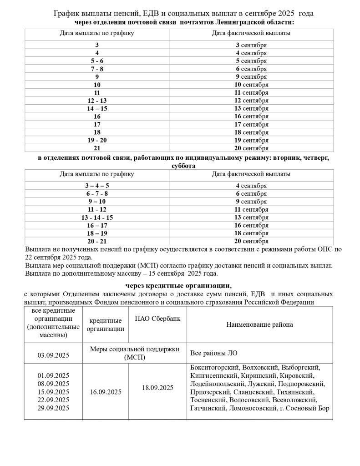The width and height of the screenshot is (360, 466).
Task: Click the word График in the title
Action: pos(67,14)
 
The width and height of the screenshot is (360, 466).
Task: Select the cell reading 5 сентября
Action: pos(251,61)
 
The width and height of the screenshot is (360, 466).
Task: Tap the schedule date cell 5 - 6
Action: pos(97,61)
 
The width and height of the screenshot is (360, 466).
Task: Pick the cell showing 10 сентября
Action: pos(251,85)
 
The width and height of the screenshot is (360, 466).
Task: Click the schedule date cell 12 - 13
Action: pos(97,101)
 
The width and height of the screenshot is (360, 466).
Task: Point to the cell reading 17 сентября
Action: pos(251,124)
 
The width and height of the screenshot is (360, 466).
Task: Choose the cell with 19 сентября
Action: pos(251,140)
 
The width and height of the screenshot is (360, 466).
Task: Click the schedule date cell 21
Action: pos(97,148)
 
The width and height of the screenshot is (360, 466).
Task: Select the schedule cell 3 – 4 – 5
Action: pos(97,186)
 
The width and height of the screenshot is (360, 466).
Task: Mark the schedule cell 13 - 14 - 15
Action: pos(97,218)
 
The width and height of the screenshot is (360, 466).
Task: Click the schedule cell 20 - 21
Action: pos(97,241)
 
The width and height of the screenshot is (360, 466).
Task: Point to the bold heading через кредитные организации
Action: pos(178,286)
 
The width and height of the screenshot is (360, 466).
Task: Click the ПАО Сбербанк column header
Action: pos(157,319)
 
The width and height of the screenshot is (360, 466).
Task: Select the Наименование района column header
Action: pos(259,324)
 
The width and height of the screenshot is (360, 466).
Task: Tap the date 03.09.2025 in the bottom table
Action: pos(53,353)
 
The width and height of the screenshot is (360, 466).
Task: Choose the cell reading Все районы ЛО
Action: pos(213,353)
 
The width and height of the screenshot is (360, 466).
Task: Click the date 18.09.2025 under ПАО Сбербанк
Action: pos(157,388)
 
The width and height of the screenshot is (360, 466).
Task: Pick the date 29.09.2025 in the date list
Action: pos(53,408)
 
